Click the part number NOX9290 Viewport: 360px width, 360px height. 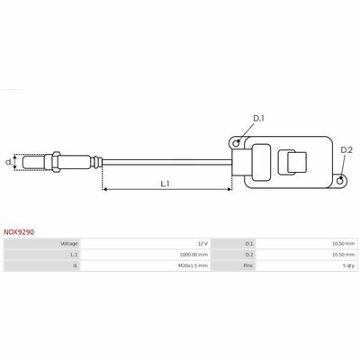19,232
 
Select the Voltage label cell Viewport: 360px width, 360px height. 69,244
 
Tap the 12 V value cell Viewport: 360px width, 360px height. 202,244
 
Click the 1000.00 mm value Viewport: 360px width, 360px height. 193,255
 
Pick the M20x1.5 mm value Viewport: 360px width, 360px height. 193,265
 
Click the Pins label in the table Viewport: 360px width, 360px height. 248,265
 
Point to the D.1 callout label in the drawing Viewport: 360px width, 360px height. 258,119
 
